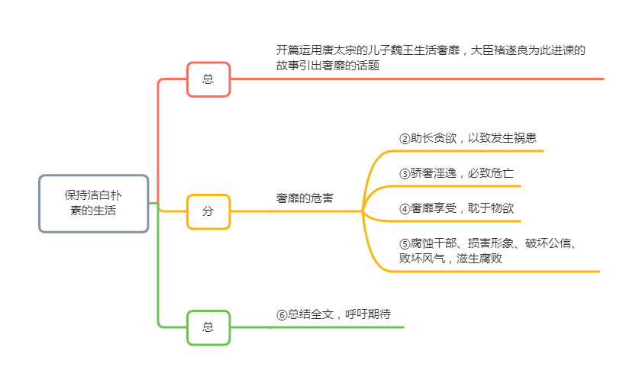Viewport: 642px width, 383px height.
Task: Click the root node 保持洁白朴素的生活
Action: click(x=93, y=203)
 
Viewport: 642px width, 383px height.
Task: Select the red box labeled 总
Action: click(x=208, y=79)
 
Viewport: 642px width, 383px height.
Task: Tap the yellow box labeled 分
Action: click(x=208, y=211)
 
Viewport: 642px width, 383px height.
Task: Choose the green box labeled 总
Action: click(x=208, y=327)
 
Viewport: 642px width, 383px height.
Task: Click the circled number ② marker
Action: click(x=405, y=139)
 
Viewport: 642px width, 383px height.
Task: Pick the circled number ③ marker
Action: click(x=405, y=173)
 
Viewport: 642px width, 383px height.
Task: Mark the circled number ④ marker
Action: click(x=405, y=208)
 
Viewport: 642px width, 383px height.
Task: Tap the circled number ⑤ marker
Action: click(x=405, y=244)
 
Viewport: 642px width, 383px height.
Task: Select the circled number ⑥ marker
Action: click(x=282, y=314)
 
